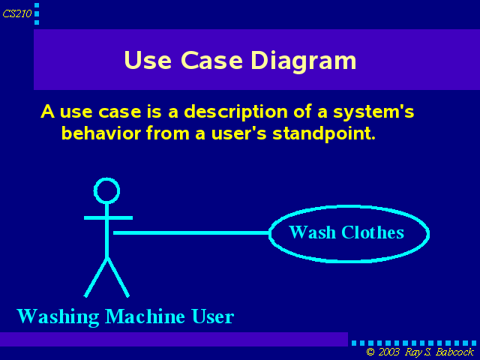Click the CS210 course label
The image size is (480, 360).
[17, 13]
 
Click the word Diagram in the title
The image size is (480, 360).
[303, 61]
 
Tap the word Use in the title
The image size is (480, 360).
[148, 60]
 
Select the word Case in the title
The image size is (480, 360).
[211, 60]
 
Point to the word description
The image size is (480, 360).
[235, 112]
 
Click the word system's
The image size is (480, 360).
[373, 112]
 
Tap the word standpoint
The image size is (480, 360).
[324, 134]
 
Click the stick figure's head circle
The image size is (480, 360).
[106, 190]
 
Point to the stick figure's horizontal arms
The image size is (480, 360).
[108, 218]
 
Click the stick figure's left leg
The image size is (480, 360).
[96, 277]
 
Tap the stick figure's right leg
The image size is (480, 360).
[118, 277]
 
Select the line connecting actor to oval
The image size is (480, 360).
[191, 233]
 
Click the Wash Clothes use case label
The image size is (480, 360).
[346, 232]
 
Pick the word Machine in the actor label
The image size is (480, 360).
[145, 316]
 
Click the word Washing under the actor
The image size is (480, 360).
[58, 316]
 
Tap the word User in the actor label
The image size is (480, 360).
[213, 316]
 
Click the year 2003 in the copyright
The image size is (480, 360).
[388, 352]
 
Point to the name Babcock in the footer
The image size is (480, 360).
[454, 352]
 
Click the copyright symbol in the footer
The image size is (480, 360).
[370, 352]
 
